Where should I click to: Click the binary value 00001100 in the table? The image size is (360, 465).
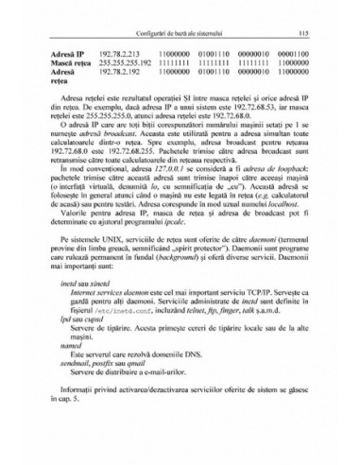300,55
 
